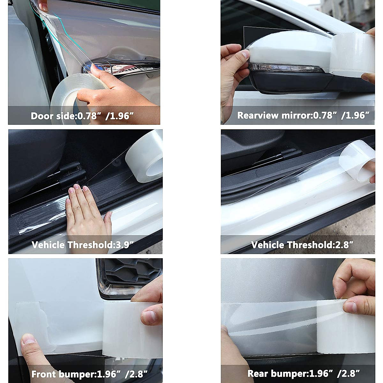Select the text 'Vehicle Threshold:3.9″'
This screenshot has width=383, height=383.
(x=82, y=245)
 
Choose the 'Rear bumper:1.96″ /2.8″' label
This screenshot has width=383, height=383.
(x=304, y=374)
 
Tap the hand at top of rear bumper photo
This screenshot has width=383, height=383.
(x=354, y=281)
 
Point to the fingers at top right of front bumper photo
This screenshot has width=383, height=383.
(x=150, y=306)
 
